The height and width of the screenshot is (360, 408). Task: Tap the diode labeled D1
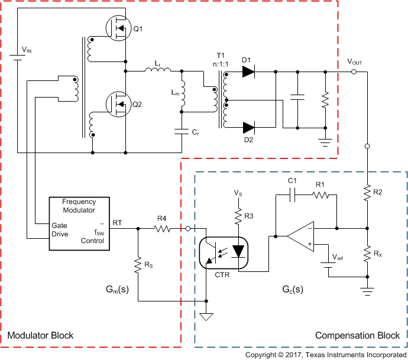(x=248, y=72)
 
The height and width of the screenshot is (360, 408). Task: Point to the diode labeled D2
(x=248, y=127)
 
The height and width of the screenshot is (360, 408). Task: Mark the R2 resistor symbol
(x=368, y=192)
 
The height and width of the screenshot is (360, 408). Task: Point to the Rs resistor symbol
(x=138, y=265)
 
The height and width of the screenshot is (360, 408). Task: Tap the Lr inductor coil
(x=157, y=71)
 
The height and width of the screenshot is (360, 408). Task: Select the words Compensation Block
(x=357, y=336)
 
